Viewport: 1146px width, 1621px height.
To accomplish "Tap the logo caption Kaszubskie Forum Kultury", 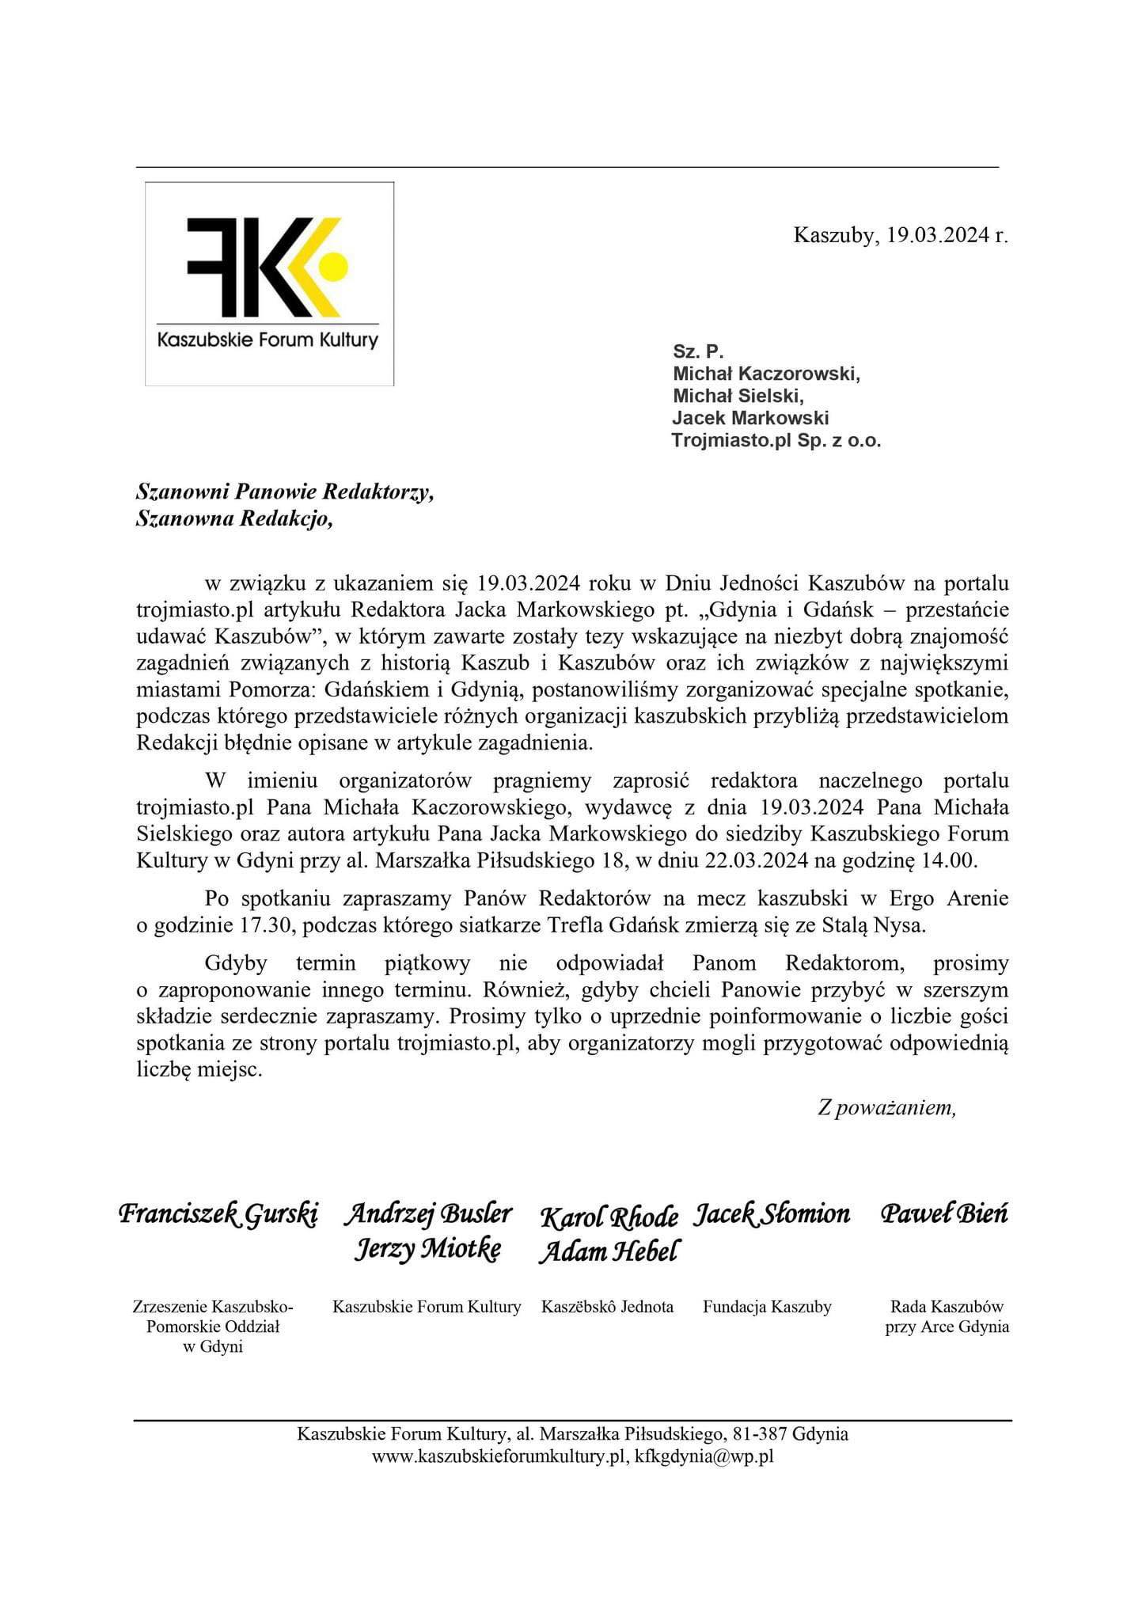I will click(x=268, y=341).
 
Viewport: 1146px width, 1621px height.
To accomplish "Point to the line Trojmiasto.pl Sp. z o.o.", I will click(x=776, y=441).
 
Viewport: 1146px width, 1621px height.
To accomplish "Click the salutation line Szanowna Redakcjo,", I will click(x=234, y=519).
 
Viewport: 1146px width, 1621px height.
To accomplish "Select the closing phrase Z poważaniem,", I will click(x=886, y=1107).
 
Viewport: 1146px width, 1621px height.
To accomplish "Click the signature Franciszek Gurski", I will click(x=218, y=1214).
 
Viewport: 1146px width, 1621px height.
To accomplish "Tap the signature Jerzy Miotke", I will click(x=427, y=1250).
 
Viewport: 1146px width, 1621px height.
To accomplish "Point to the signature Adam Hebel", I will click(x=608, y=1252).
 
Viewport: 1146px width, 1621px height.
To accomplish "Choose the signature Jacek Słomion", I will click(x=772, y=1214).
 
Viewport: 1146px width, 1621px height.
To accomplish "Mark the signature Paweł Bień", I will click(x=945, y=1214).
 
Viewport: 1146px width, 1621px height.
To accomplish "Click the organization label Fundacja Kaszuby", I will click(x=767, y=1307).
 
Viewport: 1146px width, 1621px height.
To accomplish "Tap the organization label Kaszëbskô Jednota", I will click(x=607, y=1307).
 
